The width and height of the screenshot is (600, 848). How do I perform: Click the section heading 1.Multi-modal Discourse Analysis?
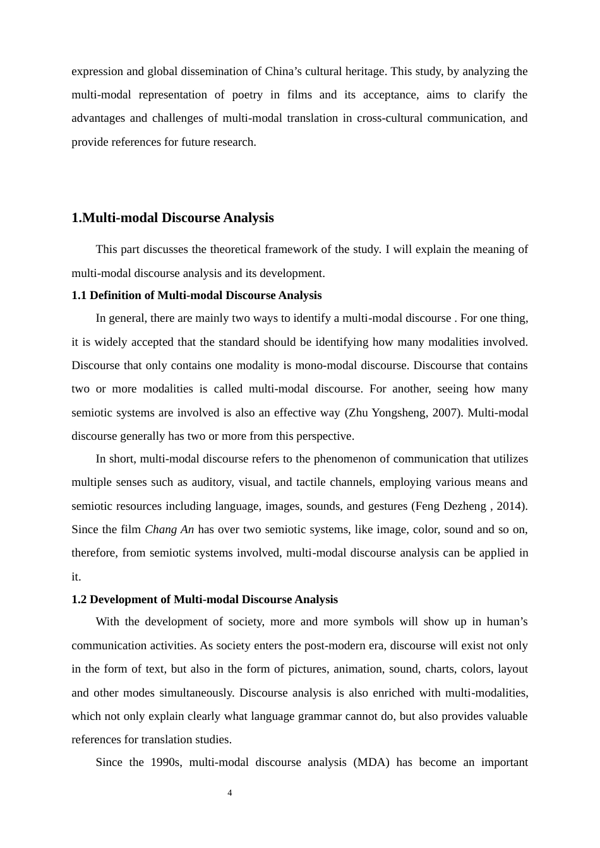coord(172,218)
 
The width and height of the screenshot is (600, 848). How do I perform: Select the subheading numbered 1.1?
coord(196,295)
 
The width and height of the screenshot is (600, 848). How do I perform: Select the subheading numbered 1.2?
coord(205,599)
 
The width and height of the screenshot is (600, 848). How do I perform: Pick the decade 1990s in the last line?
coord(166,762)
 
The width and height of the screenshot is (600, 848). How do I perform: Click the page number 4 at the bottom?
coord(230,793)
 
